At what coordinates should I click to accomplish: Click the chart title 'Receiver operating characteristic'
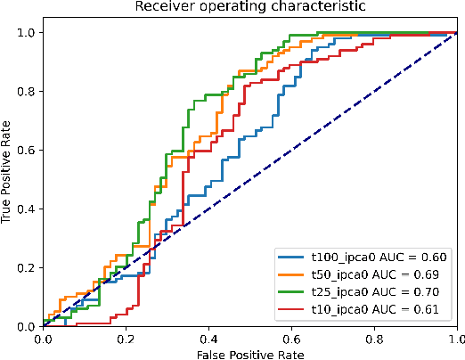pos(249,8)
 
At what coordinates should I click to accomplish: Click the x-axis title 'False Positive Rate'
pos(249,353)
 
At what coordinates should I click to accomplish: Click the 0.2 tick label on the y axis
pos(27,268)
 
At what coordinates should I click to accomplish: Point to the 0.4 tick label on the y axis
pos(27,209)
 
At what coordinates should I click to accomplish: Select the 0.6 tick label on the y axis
pos(27,151)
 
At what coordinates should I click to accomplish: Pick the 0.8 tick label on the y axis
pos(27,92)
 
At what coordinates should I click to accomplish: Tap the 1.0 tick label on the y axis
pos(27,33)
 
